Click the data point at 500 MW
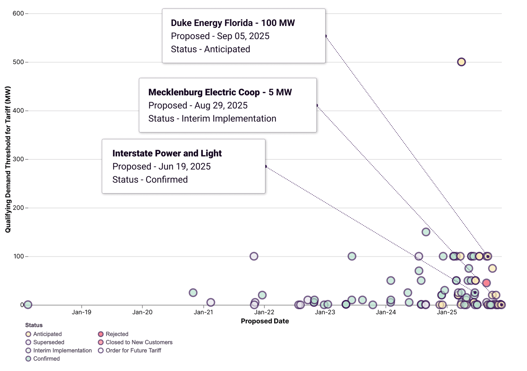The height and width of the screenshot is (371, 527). point(461,62)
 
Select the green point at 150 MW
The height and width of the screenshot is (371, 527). point(426,232)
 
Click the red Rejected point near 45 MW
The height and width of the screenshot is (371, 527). point(486,283)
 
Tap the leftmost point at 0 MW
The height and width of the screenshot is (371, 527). point(28,305)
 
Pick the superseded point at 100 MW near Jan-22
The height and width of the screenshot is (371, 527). point(254,256)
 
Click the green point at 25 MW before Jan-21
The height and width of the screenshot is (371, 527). point(193,293)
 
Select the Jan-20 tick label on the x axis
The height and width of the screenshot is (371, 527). point(142,312)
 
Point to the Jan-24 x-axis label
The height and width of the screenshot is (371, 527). point(386,312)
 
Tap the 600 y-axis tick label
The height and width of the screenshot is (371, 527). point(18,13)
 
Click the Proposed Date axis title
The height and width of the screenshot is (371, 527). point(265,321)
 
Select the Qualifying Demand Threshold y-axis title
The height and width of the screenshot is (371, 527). point(8,159)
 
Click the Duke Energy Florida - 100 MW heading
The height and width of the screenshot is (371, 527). point(233,23)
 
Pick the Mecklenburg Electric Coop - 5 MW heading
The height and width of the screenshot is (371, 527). point(220,92)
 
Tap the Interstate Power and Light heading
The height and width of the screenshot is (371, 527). point(167,153)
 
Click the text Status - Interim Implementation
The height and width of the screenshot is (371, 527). point(212,118)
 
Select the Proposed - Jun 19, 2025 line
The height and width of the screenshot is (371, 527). point(161,166)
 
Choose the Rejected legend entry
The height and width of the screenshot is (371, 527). point(117,334)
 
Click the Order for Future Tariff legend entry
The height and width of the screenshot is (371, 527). point(133,350)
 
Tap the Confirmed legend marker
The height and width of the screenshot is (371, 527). point(28,359)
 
